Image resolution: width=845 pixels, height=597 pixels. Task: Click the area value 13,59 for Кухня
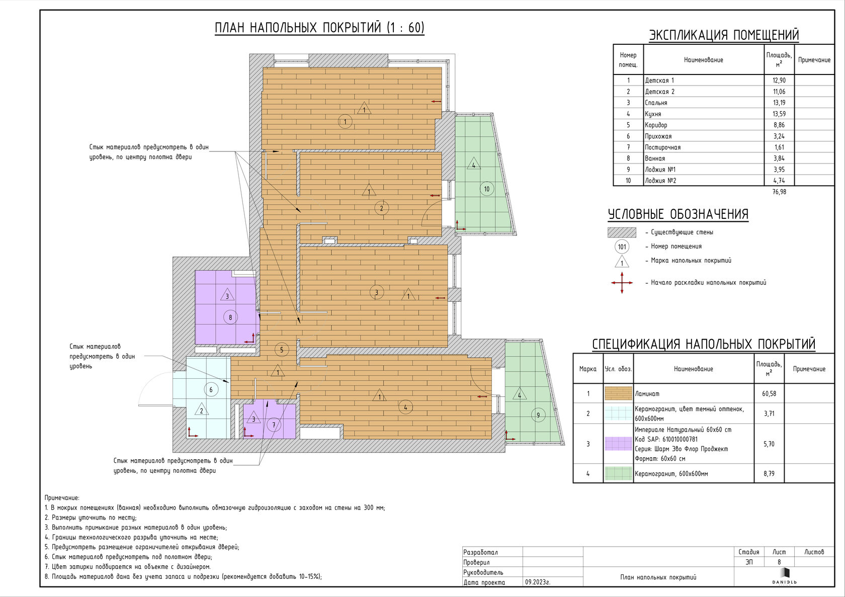(x=779, y=114)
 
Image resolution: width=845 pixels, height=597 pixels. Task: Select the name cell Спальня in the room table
(x=656, y=103)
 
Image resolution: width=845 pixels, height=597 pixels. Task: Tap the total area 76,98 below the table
(x=779, y=192)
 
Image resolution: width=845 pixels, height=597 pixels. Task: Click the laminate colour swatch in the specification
(x=618, y=393)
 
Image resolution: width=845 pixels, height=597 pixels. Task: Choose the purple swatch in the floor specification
(x=618, y=444)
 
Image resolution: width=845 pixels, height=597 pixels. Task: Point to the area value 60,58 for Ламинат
(x=769, y=393)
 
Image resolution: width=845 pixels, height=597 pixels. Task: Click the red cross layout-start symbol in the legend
(x=622, y=283)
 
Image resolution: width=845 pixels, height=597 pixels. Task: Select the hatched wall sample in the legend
(x=622, y=232)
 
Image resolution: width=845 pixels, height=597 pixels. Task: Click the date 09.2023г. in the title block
(x=538, y=582)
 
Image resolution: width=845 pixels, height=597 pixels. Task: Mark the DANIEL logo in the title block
(x=784, y=576)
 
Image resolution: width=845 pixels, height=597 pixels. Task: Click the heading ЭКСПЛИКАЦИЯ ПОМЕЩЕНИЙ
(x=724, y=35)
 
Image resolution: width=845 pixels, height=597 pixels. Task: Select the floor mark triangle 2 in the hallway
(x=201, y=409)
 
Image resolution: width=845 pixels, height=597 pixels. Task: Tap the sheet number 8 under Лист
(x=779, y=562)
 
